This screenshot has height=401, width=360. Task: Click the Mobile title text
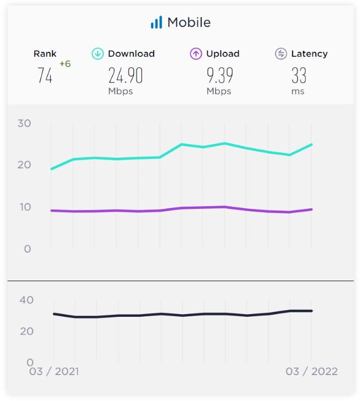point(189,23)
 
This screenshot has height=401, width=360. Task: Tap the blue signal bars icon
point(156,23)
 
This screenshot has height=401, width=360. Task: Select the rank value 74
point(45,76)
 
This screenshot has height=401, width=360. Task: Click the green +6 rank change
point(65,64)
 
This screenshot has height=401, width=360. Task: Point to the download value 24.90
point(125,76)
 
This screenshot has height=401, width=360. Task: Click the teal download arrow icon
point(98,54)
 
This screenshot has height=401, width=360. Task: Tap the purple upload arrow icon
point(196,54)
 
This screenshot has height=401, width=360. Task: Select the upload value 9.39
point(220,76)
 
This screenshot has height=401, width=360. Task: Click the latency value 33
point(298,76)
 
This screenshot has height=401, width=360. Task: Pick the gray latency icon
point(281,54)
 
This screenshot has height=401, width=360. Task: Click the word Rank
point(45,54)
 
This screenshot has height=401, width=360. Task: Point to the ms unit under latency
point(298,91)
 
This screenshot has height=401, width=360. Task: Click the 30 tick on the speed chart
point(24,123)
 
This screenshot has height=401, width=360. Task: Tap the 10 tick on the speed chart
point(24,207)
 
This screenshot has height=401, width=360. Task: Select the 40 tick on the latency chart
point(26,300)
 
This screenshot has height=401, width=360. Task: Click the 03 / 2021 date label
point(53,371)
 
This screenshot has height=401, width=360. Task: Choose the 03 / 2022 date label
point(312,371)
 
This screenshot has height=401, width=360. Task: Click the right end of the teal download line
point(311,145)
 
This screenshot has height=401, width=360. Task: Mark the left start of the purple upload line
point(52,210)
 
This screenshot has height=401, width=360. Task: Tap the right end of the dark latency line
point(311,311)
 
